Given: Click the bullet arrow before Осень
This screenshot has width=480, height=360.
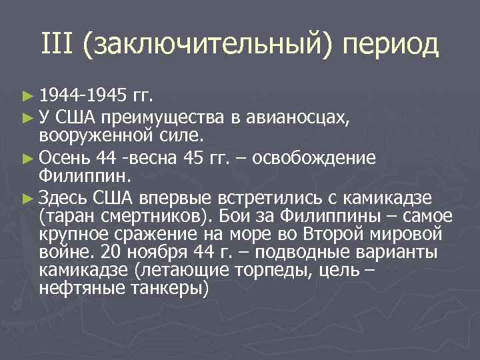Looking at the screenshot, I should point(27,159).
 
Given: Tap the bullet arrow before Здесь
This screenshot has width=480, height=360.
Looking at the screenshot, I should point(27,198).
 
